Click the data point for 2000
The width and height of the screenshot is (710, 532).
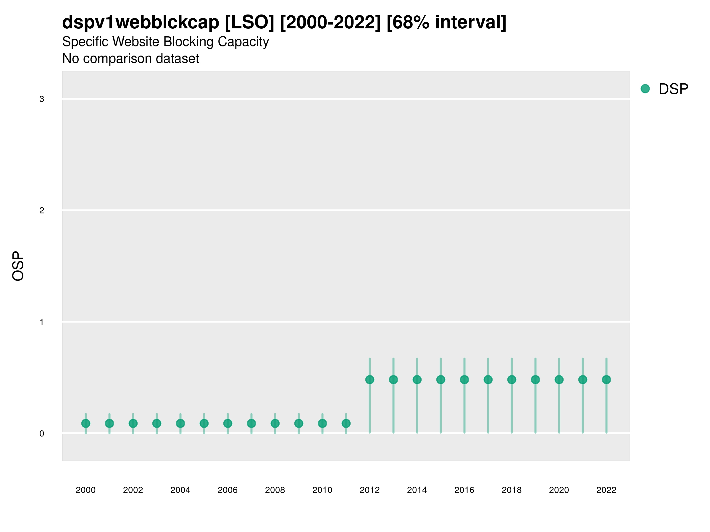pyautogui.click(x=86, y=423)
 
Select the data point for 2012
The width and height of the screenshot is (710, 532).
pyautogui.click(x=370, y=380)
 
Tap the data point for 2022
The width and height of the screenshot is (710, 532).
pyautogui.click(x=606, y=380)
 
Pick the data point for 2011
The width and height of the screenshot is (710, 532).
pyautogui.click(x=346, y=423)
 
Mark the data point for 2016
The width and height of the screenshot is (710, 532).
pyautogui.click(x=464, y=380)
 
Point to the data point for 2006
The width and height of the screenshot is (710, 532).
pyautogui.click(x=228, y=423)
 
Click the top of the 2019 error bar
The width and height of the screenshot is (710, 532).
pyautogui.click(x=535, y=359)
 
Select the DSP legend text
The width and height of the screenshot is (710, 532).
pyautogui.click(x=673, y=89)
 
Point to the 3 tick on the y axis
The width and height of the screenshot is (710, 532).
pyautogui.click(x=42, y=99)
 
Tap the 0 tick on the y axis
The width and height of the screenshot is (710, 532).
pyautogui.click(x=42, y=434)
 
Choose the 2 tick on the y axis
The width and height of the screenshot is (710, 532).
pyautogui.click(x=42, y=211)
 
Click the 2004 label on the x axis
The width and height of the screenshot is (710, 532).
pyautogui.click(x=180, y=490)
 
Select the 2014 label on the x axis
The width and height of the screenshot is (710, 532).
pyautogui.click(x=417, y=490)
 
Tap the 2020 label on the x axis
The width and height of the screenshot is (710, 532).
pyautogui.click(x=559, y=490)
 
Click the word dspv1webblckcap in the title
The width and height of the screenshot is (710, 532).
pyautogui.click(x=141, y=22)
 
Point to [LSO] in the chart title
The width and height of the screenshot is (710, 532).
pyautogui.click(x=249, y=22)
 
